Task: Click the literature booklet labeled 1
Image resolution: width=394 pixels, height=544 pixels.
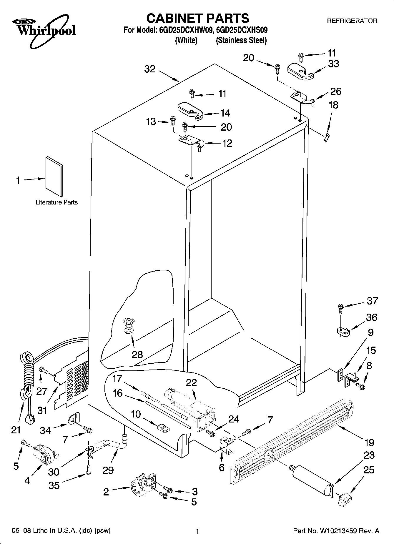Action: [54, 177]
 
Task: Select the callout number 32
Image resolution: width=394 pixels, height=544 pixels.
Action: [150, 69]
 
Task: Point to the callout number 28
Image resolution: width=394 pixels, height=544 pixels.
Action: [137, 355]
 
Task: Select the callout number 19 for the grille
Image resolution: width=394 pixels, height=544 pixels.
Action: [369, 442]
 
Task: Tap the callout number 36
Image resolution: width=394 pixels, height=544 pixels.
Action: [371, 317]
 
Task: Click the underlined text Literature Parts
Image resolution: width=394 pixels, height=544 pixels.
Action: [56, 202]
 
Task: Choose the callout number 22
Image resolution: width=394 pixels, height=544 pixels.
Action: [191, 382]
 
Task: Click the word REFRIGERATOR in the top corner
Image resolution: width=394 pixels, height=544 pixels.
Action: [352, 21]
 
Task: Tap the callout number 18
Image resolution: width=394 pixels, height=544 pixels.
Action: [333, 105]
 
